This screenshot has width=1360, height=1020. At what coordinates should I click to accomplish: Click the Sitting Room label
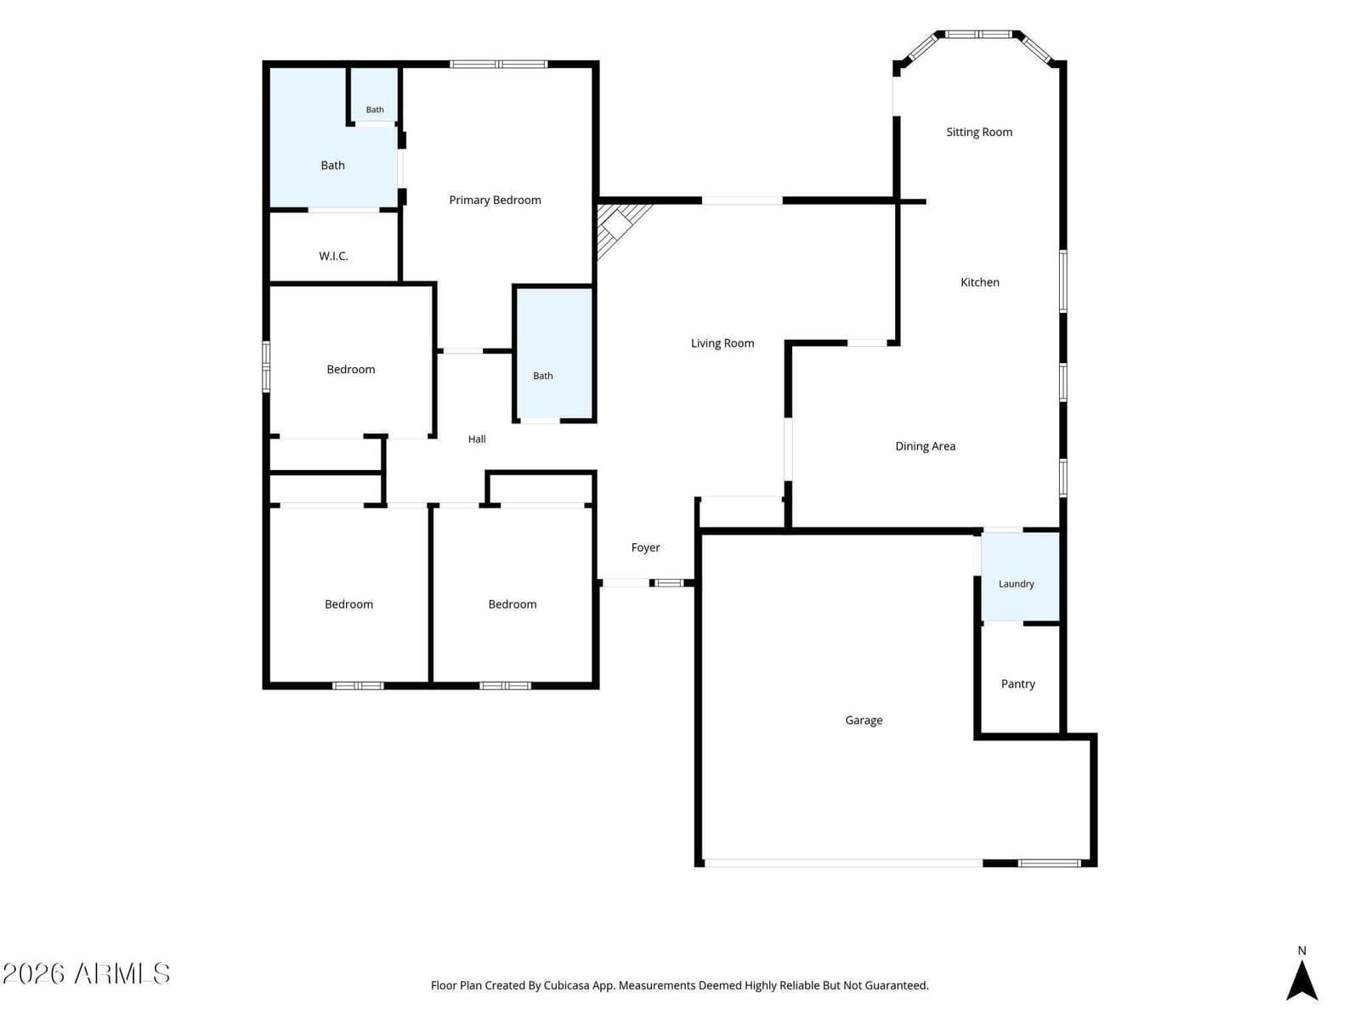coord(979,132)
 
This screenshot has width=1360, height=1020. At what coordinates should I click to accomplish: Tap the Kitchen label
coord(979,282)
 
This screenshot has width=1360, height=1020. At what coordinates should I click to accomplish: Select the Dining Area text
coord(925,446)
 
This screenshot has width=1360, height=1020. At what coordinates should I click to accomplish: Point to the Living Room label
coord(722,343)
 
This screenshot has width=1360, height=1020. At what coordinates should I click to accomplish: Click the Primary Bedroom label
coord(495,200)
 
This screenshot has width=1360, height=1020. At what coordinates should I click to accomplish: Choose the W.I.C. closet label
coord(333,256)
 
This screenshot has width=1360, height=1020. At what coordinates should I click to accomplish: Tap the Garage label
coord(864,720)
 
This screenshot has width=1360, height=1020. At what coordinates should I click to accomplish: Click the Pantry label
coord(1018,683)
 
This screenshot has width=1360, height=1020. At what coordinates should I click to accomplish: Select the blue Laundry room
coord(1020,576)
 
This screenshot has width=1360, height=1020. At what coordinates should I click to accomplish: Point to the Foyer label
coord(646,547)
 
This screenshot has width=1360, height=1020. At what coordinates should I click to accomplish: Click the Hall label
coord(477,439)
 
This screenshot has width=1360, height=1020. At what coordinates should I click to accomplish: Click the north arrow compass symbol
coord(1301,980)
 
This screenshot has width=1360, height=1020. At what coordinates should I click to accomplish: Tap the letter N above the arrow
coord(1301,950)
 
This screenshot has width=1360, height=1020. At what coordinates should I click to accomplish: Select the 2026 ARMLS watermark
coord(86,973)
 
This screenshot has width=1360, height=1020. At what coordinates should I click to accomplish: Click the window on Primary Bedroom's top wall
coord(498,64)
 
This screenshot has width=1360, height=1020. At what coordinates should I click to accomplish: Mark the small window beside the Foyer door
coord(669,583)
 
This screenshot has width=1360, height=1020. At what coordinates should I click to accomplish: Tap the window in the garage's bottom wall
coord(1050,864)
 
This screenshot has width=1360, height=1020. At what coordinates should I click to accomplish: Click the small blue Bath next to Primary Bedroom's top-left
coord(375,94)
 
